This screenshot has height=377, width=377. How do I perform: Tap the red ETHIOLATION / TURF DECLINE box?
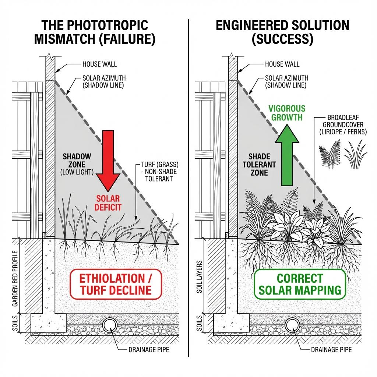click(115, 283)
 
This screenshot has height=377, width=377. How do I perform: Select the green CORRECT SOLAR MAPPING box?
click(300, 283)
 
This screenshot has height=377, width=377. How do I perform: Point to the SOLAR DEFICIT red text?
click(108, 203)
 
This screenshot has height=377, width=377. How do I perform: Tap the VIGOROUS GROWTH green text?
click(287, 113)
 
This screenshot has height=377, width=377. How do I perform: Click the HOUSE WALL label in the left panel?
click(99, 64)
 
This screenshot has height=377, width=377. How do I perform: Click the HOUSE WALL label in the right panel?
click(282, 64)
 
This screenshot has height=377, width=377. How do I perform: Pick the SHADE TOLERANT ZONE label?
click(259, 165)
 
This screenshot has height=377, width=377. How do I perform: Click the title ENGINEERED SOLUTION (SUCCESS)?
click(282, 32)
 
